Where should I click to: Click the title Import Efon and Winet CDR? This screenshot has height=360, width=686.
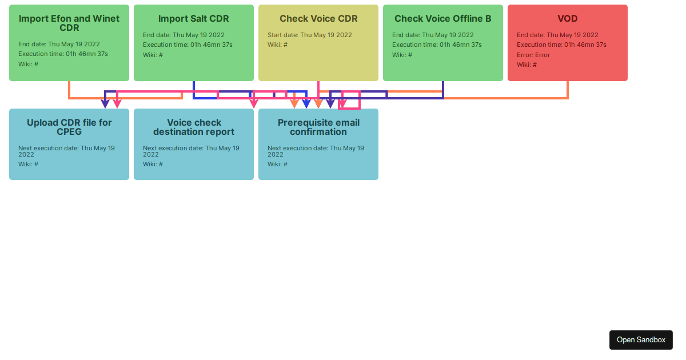coord(69,23)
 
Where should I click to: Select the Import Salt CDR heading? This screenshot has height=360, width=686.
coord(194,19)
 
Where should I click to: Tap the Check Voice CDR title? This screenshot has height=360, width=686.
coord(318,19)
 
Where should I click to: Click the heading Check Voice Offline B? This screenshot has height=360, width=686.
coord(443,19)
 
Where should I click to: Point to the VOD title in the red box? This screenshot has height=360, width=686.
coord(568,19)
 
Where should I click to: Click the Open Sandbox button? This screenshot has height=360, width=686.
coord(641,339)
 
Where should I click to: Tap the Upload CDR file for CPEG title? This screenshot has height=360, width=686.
coord(69,127)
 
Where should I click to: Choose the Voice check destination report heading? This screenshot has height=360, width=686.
coord(194,127)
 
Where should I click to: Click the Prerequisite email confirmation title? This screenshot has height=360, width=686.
coord(318,127)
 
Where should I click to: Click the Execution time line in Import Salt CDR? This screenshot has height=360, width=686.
coord(188,45)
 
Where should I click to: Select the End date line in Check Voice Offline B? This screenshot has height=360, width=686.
coord(433,35)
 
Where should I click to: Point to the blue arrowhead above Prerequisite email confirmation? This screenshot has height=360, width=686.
coord(306,104)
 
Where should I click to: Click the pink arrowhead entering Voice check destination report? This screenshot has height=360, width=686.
coord(254,104)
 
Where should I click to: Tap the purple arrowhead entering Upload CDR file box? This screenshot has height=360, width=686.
coord(105,104)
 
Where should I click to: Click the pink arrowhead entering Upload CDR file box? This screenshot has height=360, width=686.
coord(117,104)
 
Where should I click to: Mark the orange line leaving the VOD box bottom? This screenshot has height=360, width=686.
coord(568,90)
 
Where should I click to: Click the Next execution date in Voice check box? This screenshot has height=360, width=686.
coord(191,151)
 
